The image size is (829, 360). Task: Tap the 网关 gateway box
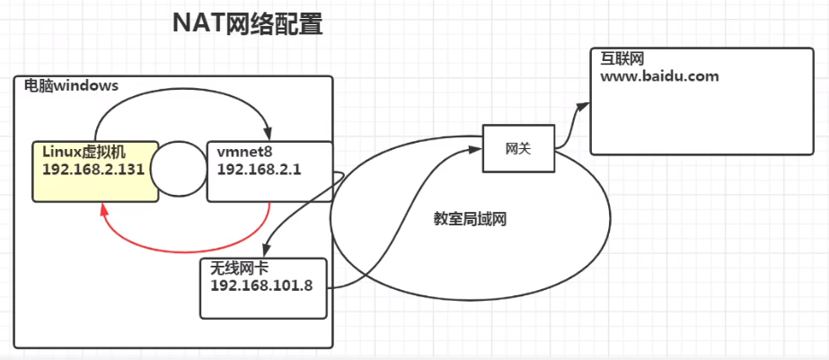[x=518, y=148]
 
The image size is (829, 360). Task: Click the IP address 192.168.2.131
[x=93, y=168]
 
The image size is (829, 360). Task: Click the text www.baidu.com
[x=660, y=76]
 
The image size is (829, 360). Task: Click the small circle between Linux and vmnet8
[x=178, y=167]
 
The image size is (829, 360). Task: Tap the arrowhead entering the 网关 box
[x=478, y=150]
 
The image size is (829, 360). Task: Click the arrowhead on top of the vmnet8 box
[x=267, y=135]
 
